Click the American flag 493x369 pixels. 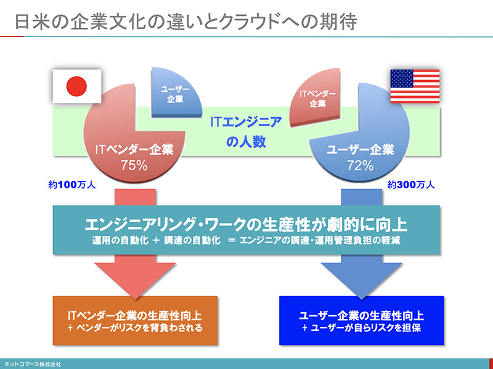[415, 86]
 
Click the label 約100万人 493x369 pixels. [72, 184]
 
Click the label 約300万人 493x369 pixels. [411, 184]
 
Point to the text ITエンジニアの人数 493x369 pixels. [246, 131]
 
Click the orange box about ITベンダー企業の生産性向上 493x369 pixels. [135, 321]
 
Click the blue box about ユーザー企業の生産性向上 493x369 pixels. [361, 321]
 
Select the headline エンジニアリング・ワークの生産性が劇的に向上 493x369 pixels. [246, 222]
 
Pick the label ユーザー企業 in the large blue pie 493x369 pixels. [360, 150]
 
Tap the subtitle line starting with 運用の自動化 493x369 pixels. [246, 240]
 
